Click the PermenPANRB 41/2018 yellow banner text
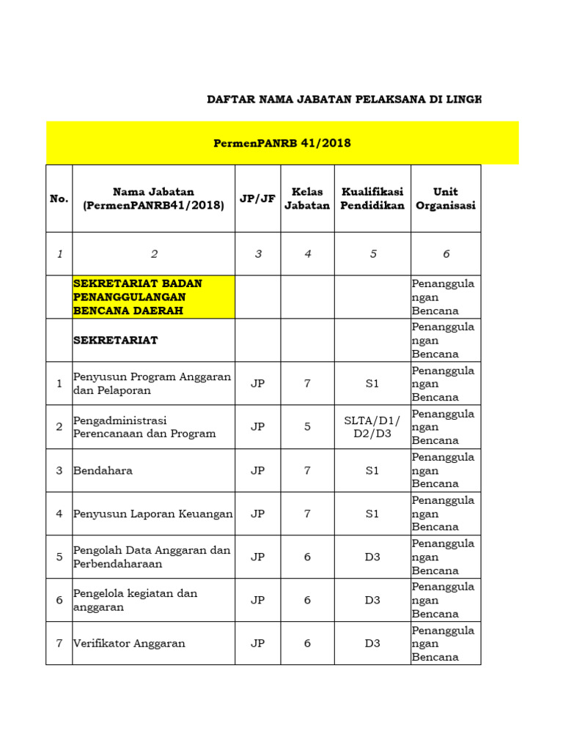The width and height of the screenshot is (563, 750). (282, 143)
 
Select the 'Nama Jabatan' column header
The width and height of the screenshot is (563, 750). (154, 198)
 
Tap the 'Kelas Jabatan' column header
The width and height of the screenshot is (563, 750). (307, 198)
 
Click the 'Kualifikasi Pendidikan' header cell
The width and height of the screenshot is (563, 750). (372, 198)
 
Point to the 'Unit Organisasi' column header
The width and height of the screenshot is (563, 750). (445, 198)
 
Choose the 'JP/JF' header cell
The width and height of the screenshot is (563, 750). (257, 198)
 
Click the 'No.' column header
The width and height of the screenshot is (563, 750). (59, 198)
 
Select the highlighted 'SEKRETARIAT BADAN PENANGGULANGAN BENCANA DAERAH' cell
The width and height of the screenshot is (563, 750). (154, 297)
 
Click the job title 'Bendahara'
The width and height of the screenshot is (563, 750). (103, 470)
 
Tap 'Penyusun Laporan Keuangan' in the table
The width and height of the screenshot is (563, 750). (153, 513)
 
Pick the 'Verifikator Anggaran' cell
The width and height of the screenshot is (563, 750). (129, 643)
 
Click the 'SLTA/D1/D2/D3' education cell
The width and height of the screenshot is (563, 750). (372, 426)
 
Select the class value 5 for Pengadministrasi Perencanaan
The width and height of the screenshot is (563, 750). (308, 426)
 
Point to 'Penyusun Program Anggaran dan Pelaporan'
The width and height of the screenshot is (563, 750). (152, 383)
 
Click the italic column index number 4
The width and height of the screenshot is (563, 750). (308, 254)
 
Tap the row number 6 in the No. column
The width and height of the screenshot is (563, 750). (59, 600)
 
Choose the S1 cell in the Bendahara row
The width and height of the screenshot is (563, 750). (372, 470)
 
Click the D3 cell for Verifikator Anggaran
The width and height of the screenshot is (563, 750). (372, 643)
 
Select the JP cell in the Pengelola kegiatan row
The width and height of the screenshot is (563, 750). (257, 600)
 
